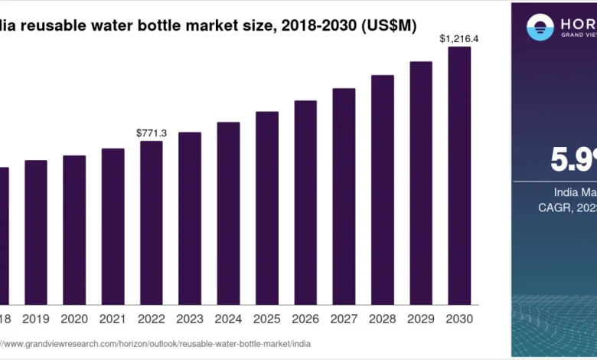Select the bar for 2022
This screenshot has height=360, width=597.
coord(151,222)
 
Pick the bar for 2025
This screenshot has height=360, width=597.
coord(267,207)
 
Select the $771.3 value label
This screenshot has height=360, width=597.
coord(151,133)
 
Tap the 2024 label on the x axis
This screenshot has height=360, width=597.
coord(228,318)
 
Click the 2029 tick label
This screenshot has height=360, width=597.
coord(420,318)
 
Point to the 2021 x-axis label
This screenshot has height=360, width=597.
coord(113,318)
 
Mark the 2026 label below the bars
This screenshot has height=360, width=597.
coord(305,318)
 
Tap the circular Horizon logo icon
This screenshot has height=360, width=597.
coord(540,28)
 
